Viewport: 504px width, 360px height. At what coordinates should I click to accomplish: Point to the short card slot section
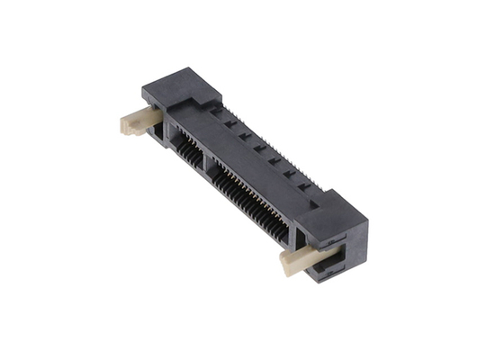click(x=187, y=145)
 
